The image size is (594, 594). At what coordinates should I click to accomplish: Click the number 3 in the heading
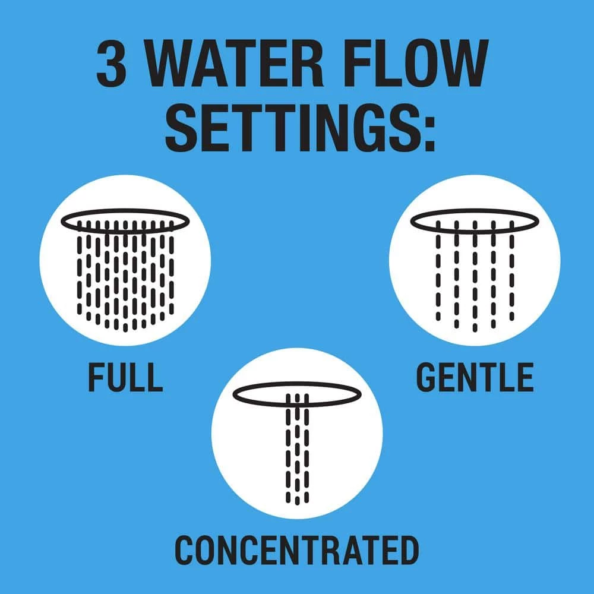coord(112,63)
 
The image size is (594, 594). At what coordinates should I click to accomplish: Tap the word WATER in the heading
coord(235,63)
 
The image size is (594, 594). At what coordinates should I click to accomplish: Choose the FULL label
coord(125,377)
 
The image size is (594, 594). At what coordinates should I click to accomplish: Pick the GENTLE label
coord(475,377)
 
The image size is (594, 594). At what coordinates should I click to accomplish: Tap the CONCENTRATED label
coord(297,550)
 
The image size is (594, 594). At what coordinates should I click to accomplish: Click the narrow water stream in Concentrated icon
coord(297,449)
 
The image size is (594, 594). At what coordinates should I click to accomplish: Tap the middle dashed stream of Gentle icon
coord(475,277)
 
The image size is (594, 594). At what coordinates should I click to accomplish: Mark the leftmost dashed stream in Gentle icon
coord(438,271)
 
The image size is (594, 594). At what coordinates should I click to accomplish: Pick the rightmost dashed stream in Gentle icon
coord(512,271)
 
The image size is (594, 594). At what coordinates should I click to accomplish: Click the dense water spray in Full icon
coord(125,277)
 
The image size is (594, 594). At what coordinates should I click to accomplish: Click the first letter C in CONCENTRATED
coord(185,550)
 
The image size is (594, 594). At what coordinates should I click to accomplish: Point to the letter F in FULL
coord(96,377)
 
